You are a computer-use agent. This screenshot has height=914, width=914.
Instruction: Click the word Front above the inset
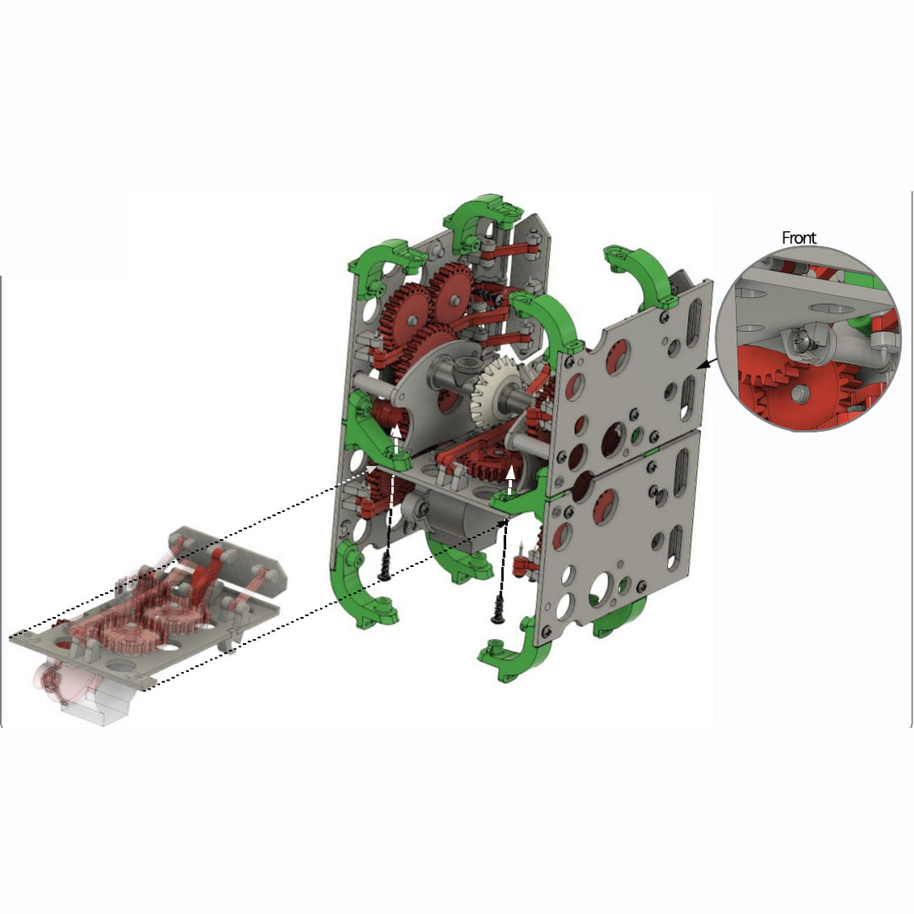(799, 238)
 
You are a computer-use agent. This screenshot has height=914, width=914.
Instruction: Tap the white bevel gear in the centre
(495, 389)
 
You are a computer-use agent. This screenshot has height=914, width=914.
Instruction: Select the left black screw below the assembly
(384, 565)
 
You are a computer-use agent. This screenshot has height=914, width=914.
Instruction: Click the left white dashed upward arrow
(396, 439)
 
